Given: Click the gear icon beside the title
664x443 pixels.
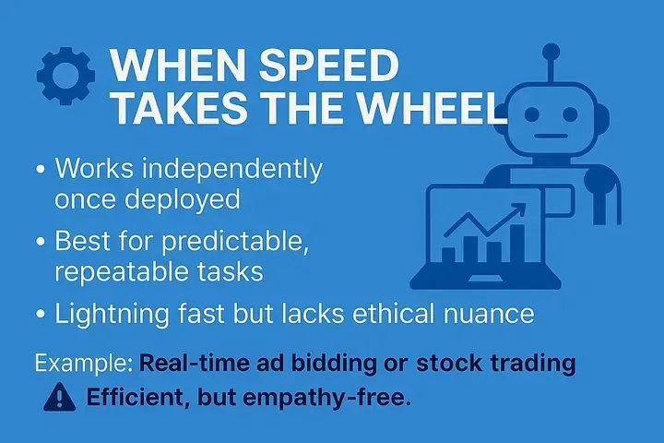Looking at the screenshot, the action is [66, 76].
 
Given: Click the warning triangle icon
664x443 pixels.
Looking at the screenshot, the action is [60, 397].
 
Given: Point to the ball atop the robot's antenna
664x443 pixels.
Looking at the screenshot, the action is [551, 52].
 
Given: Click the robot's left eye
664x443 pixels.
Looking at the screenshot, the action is [532, 114].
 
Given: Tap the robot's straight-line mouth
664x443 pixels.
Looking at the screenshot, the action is [551, 137].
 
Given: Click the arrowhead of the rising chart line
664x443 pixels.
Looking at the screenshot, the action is [519, 210].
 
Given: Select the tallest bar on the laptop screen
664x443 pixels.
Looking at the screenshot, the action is [516, 244].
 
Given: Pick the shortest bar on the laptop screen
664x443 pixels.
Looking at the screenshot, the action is [448, 255].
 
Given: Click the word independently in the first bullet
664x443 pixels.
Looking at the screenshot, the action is [232, 170].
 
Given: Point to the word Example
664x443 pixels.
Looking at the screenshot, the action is [84, 364].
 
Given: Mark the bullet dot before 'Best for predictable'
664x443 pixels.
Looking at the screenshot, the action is [41, 241].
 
